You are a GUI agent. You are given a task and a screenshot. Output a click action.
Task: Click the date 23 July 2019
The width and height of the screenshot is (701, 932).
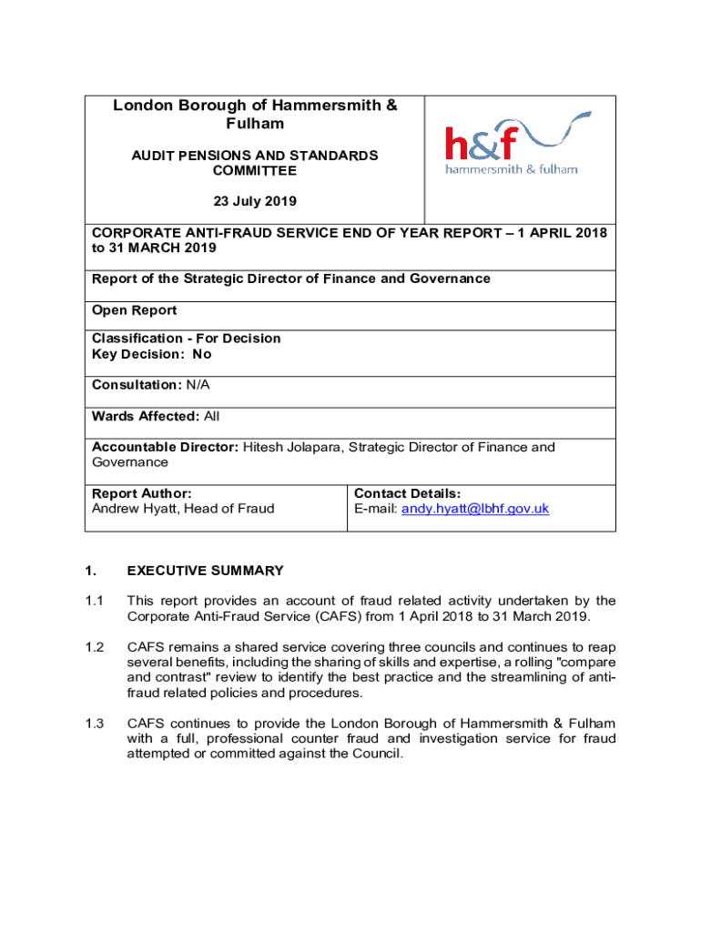click(x=255, y=200)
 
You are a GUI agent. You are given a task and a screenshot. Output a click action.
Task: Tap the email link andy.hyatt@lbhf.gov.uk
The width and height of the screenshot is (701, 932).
click(x=475, y=509)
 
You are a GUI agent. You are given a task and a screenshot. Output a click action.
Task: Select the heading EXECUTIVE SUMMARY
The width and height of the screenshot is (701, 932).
click(x=205, y=571)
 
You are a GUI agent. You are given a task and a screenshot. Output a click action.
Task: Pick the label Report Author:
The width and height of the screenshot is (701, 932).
click(x=141, y=493)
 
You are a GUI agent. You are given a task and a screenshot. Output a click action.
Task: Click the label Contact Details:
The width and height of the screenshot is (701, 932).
click(x=407, y=493)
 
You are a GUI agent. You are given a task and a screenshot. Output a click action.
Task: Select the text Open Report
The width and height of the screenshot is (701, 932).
click(x=135, y=310)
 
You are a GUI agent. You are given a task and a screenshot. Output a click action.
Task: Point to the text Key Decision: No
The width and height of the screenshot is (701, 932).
click(x=151, y=354)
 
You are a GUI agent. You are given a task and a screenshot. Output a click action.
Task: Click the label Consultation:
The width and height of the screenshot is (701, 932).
click(x=137, y=385)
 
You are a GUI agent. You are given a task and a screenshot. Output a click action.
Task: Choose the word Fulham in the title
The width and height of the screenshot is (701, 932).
click(x=255, y=123)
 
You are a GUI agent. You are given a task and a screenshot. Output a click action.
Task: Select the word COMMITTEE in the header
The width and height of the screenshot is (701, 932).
click(x=255, y=170)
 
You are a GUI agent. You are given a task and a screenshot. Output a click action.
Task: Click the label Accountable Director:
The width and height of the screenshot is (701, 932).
click(x=165, y=447)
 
